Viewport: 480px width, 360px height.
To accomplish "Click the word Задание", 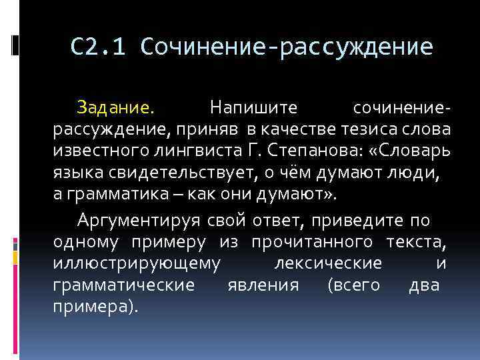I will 114,107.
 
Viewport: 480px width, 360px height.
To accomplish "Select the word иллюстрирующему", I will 137,264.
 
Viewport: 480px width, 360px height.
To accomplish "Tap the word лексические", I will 328,264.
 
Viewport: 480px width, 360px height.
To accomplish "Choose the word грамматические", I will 125,286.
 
